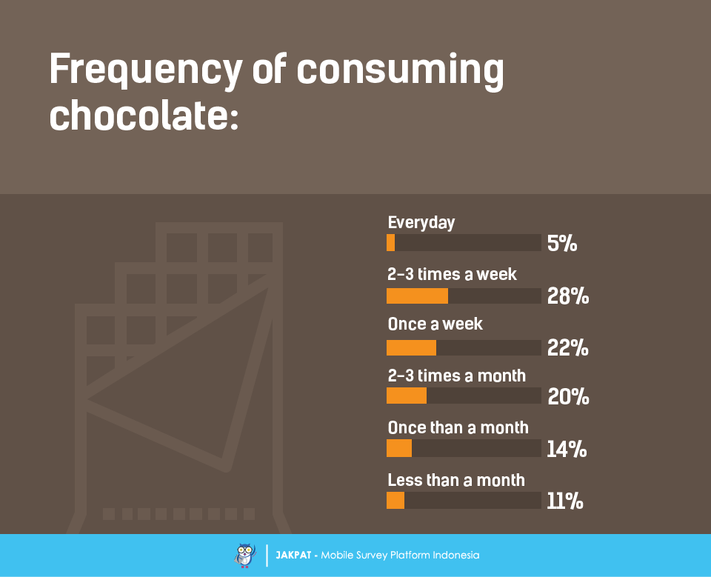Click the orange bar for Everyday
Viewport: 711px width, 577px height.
point(391,243)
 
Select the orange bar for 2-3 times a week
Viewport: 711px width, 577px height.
point(417,296)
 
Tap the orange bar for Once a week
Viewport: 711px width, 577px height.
point(411,347)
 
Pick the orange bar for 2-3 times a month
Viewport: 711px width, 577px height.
point(407,396)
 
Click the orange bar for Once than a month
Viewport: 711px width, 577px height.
point(399,448)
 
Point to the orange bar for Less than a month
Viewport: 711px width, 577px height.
point(395,501)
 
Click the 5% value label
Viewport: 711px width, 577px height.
point(562,243)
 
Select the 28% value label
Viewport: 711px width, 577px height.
point(568,296)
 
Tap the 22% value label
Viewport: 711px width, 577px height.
point(568,347)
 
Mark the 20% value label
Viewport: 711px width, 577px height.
point(568,397)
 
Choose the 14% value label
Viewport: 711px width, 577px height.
point(567,449)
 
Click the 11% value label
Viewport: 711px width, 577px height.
point(565,501)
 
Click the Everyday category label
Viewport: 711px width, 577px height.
point(421,222)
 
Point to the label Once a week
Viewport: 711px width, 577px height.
point(435,324)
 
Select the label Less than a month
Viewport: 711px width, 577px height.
point(456,480)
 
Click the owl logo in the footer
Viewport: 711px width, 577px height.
point(244,555)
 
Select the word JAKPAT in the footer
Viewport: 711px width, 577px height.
point(293,555)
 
